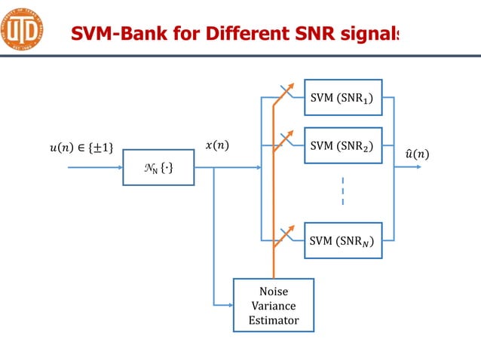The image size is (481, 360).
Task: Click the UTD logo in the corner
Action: coord(22,29)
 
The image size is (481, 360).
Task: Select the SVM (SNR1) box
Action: coord(343,97)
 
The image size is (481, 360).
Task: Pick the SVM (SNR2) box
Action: coord(343,145)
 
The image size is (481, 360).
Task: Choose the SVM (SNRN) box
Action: coord(343,240)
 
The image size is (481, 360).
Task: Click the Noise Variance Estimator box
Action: coord(273,305)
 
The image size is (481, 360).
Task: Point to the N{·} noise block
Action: coord(158,167)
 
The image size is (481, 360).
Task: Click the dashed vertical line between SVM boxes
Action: coord(343,191)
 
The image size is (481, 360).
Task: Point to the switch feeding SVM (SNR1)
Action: coord(282,95)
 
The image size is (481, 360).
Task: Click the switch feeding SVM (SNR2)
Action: coord(282,141)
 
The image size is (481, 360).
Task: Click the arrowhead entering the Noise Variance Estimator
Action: coord(229,304)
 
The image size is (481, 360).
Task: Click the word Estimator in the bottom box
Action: coord(273,321)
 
